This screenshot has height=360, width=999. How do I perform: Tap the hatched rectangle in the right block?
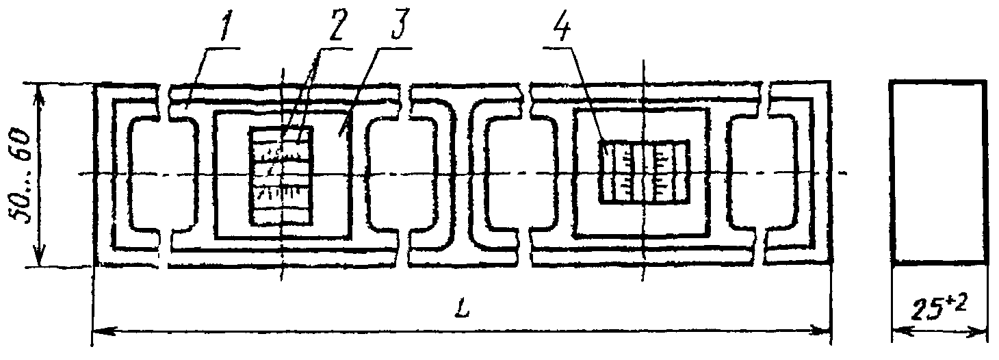tap(644, 172)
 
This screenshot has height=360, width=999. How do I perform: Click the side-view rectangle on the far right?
tap(939, 172)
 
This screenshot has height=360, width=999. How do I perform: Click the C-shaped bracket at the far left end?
tap(130, 175)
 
